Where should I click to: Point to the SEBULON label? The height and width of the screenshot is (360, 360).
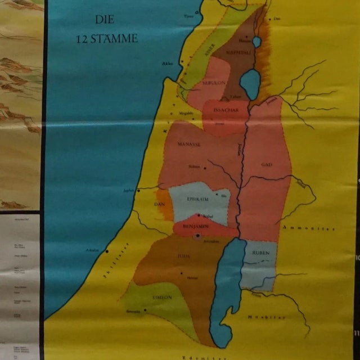(x=214, y=82)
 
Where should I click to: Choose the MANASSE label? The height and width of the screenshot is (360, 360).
(x=189, y=144)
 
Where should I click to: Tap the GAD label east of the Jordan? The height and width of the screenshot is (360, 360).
(x=266, y=164)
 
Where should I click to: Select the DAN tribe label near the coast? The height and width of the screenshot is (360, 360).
(x=159, y=205)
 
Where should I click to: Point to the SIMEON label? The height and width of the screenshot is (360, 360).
(x=162, y=297)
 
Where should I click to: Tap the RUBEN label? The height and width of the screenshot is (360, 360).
(x=260, y=253)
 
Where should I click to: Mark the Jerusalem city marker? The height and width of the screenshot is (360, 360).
(x=196, y=236)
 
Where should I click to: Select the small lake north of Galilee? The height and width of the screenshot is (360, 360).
(x=256, y=42)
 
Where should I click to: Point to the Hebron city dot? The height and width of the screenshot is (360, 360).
(x=181, y=274)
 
